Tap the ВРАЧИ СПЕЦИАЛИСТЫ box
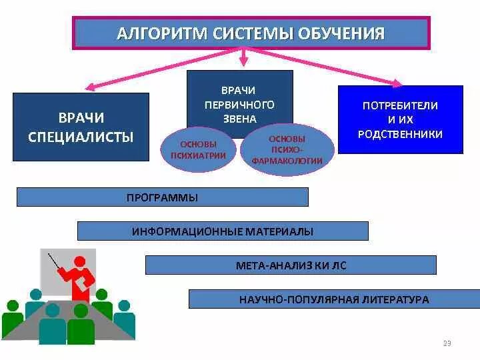[81, 127]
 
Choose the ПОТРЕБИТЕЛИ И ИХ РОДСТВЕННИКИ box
[400, 120]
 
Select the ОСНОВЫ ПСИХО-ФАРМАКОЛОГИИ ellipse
[287, 150]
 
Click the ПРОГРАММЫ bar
[162, 197]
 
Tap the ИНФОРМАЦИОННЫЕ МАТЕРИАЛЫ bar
[223, 231]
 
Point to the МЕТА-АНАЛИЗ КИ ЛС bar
[291, 265]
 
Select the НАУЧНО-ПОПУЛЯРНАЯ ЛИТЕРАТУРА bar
[334, 299]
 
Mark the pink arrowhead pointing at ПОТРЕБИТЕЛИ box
[397, 83]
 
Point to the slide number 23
[447, 343]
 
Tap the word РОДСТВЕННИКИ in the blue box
[400, 134]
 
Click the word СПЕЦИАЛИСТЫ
[81, 137]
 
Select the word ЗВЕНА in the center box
[239, 119]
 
